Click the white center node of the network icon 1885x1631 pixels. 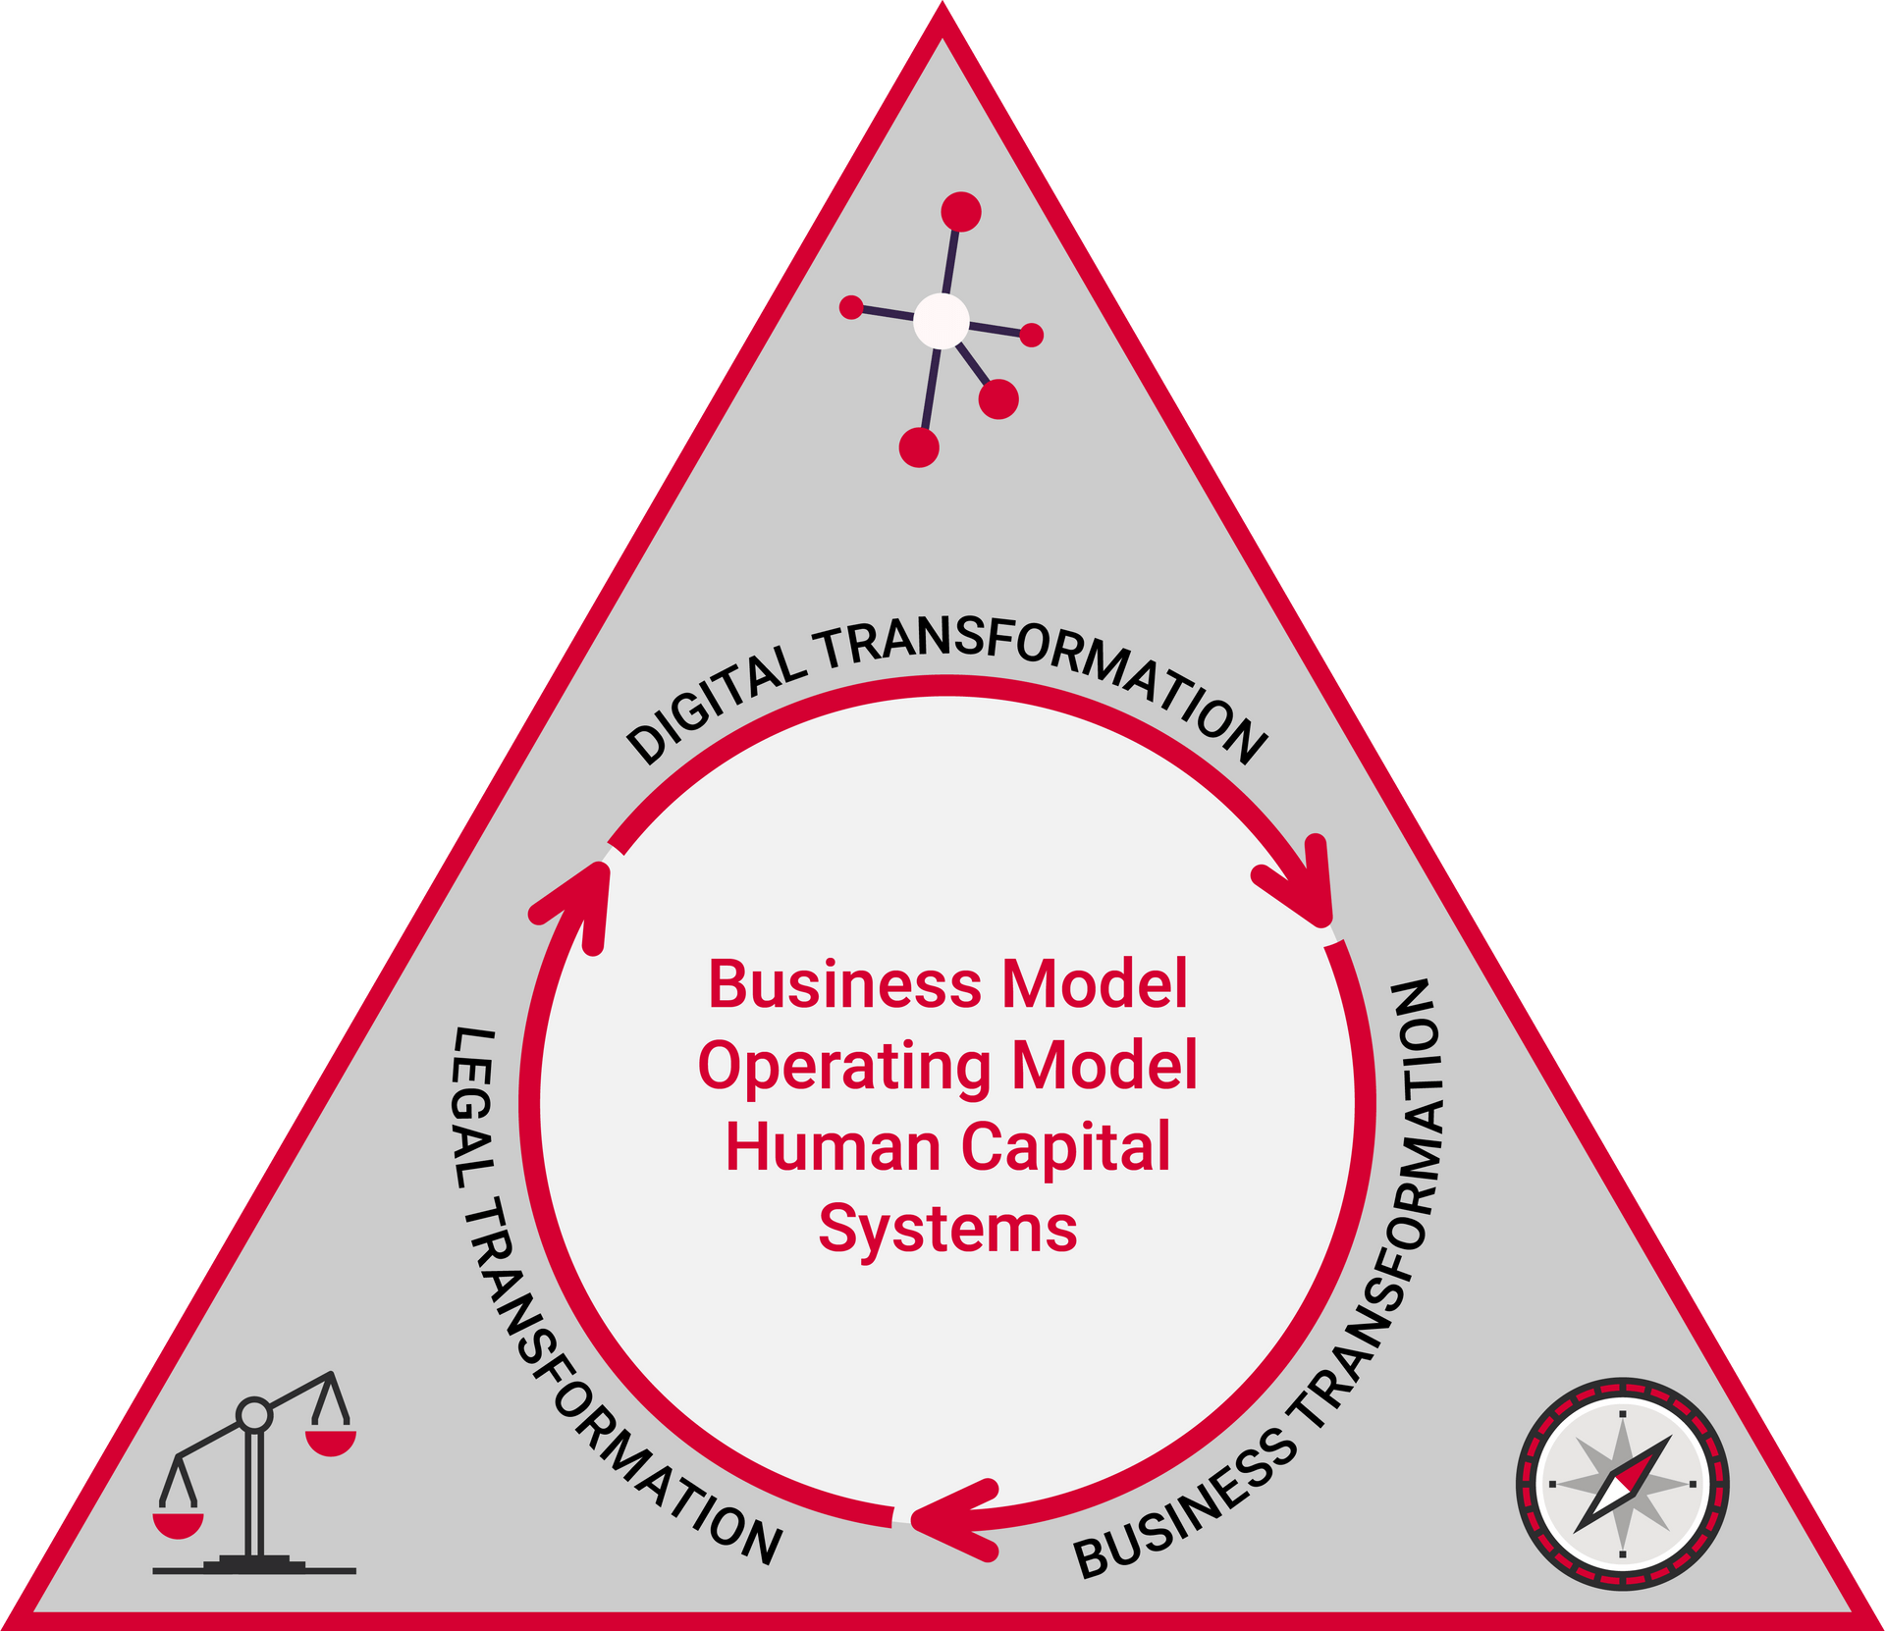tap(941, 321)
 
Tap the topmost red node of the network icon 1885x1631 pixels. tap(960, 212)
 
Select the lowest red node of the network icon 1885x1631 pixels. tap(919, 447)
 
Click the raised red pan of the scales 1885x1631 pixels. tap(330, 1442)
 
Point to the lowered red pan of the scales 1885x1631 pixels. tap(178, 1524)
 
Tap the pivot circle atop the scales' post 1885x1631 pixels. tap(254, 1414)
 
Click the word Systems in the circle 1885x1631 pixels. tap(947, 1229)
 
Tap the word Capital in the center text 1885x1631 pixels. tap(1065, 1148)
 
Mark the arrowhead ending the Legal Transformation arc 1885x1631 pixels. tap(579, 898)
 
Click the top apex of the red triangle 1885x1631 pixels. tap(942, 18)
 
